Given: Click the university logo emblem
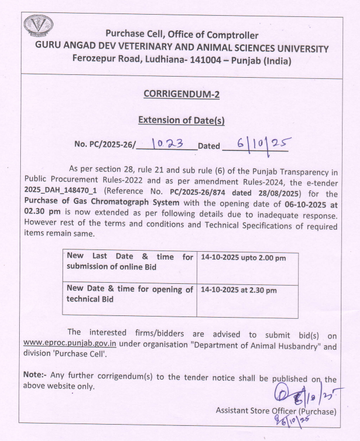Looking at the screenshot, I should (38, 26).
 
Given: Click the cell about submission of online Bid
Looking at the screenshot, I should (130, 261).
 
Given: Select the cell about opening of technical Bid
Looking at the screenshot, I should (130, 294).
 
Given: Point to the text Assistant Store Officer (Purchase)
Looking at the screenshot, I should (276, 411).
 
